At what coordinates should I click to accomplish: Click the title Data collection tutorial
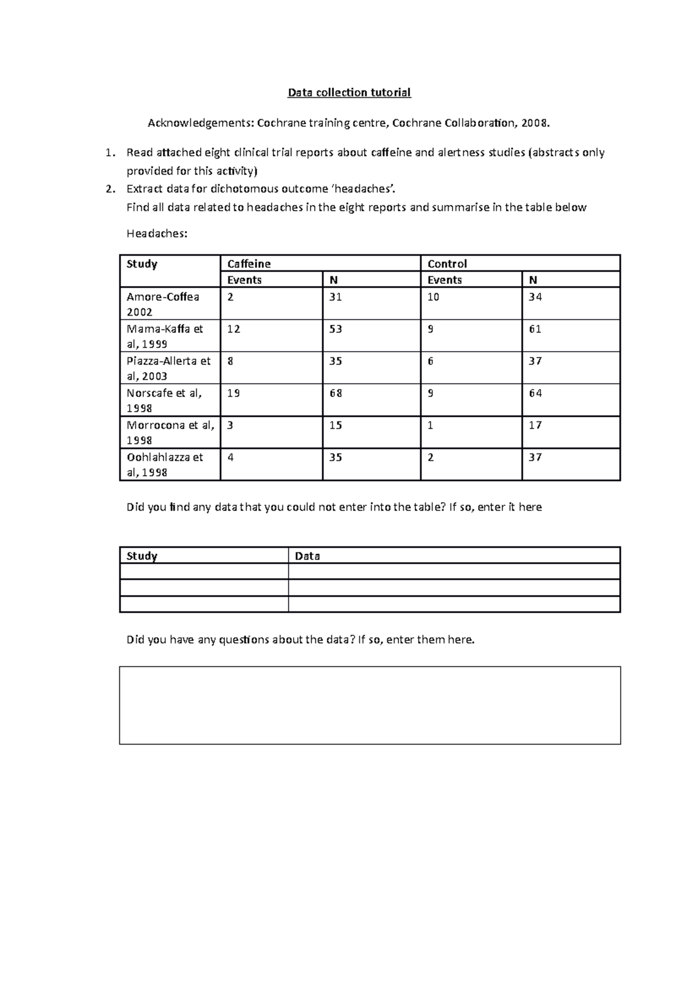coord(350,92)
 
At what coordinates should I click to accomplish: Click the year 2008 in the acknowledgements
coord(535,123)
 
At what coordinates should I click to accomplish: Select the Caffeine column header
coord(249,263)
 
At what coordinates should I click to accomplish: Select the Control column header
coord(447,263)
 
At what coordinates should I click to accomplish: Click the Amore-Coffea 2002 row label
coord(163,304)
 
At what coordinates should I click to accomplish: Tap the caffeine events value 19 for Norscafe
coord(233,393)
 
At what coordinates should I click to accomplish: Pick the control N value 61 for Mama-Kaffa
coord(535,329)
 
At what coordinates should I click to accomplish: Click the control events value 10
coord(433,297)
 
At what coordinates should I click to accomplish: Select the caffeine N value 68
coord(336,393)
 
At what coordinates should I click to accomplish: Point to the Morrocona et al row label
coord(170,432)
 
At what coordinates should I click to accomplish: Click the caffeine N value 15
coord(336,425)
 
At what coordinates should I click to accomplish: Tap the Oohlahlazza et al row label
coord(165,464)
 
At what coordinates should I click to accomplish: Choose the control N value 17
coord(535,425)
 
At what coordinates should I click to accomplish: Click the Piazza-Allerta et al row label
coord(168,368)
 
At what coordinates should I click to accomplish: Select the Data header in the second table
coord(307,556)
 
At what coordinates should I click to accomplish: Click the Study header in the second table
coord(142,556)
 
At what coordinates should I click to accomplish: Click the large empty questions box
coord(369,705)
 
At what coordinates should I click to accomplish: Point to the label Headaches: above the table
coord(157,234)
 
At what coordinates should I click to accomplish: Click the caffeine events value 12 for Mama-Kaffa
coord(233,329)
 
